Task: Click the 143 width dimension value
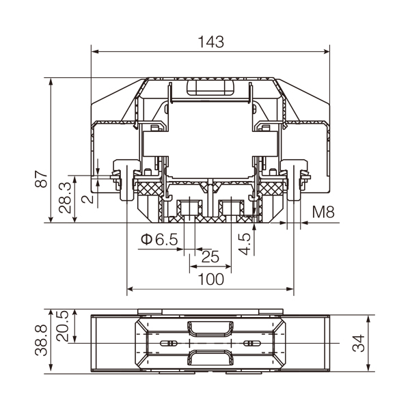(210, 42)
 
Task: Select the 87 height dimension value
(42, 180)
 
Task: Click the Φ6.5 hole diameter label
(159, 239)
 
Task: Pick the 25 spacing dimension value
(210, 257)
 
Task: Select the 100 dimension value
(210, 279)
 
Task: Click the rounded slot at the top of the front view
(210, 87)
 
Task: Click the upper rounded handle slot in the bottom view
(210, 329)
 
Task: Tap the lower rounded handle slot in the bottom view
(210, 357)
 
